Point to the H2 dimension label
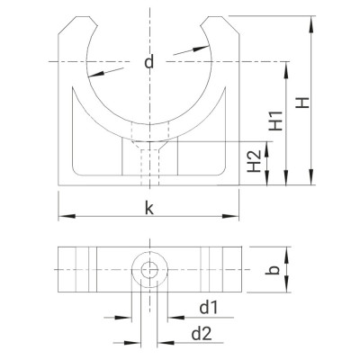[254, 162]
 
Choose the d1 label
[208, 308]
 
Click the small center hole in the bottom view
[148, 270]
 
